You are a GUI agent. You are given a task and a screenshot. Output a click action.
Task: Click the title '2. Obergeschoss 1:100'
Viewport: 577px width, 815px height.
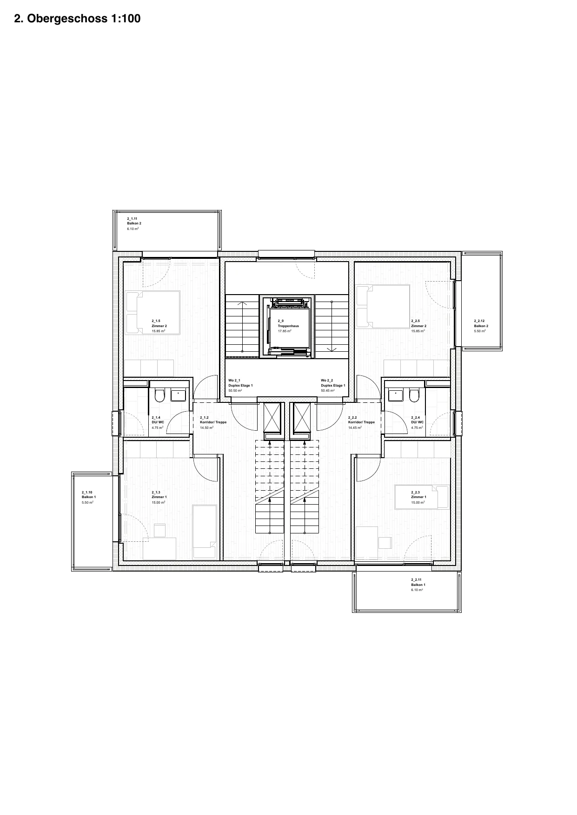pos(77,19)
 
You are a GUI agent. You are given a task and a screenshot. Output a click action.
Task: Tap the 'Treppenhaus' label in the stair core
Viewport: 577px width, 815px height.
pos(288,326)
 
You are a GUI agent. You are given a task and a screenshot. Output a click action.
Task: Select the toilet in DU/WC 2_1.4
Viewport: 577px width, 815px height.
pos(159,395)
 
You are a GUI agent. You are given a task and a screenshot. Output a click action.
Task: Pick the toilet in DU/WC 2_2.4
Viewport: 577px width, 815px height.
pos(413,395)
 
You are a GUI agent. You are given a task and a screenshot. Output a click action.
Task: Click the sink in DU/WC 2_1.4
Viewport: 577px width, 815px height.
pos(178,395)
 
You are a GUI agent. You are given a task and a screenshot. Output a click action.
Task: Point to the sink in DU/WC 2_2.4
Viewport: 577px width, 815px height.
pos(396,395)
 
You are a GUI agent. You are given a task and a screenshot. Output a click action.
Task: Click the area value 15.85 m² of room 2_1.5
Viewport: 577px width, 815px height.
pos(159,331)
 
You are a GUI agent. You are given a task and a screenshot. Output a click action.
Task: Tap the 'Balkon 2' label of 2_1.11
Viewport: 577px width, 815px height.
pos(134,223)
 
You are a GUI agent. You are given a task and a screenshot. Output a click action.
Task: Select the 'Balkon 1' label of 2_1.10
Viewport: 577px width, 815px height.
pos(89,497)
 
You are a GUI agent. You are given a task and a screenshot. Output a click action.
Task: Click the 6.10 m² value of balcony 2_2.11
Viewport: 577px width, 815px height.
pos(417,590)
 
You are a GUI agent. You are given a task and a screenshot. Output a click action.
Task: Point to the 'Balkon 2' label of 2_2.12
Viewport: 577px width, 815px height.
pos(481,326)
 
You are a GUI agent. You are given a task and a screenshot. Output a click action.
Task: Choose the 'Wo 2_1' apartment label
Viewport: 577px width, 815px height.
pos(234,381)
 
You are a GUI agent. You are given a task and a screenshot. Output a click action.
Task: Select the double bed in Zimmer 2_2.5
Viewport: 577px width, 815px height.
pos(383,306)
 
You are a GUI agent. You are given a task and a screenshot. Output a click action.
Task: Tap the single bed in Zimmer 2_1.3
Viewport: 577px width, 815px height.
pos(205,532)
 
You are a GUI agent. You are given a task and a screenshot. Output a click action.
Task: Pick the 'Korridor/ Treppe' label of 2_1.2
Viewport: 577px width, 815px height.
pos(213,422)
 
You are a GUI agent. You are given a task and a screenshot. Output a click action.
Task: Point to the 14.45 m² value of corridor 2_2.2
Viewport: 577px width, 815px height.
pos(355,427)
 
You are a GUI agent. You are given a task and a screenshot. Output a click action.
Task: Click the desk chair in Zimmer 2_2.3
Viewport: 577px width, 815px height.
pos(385,543)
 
